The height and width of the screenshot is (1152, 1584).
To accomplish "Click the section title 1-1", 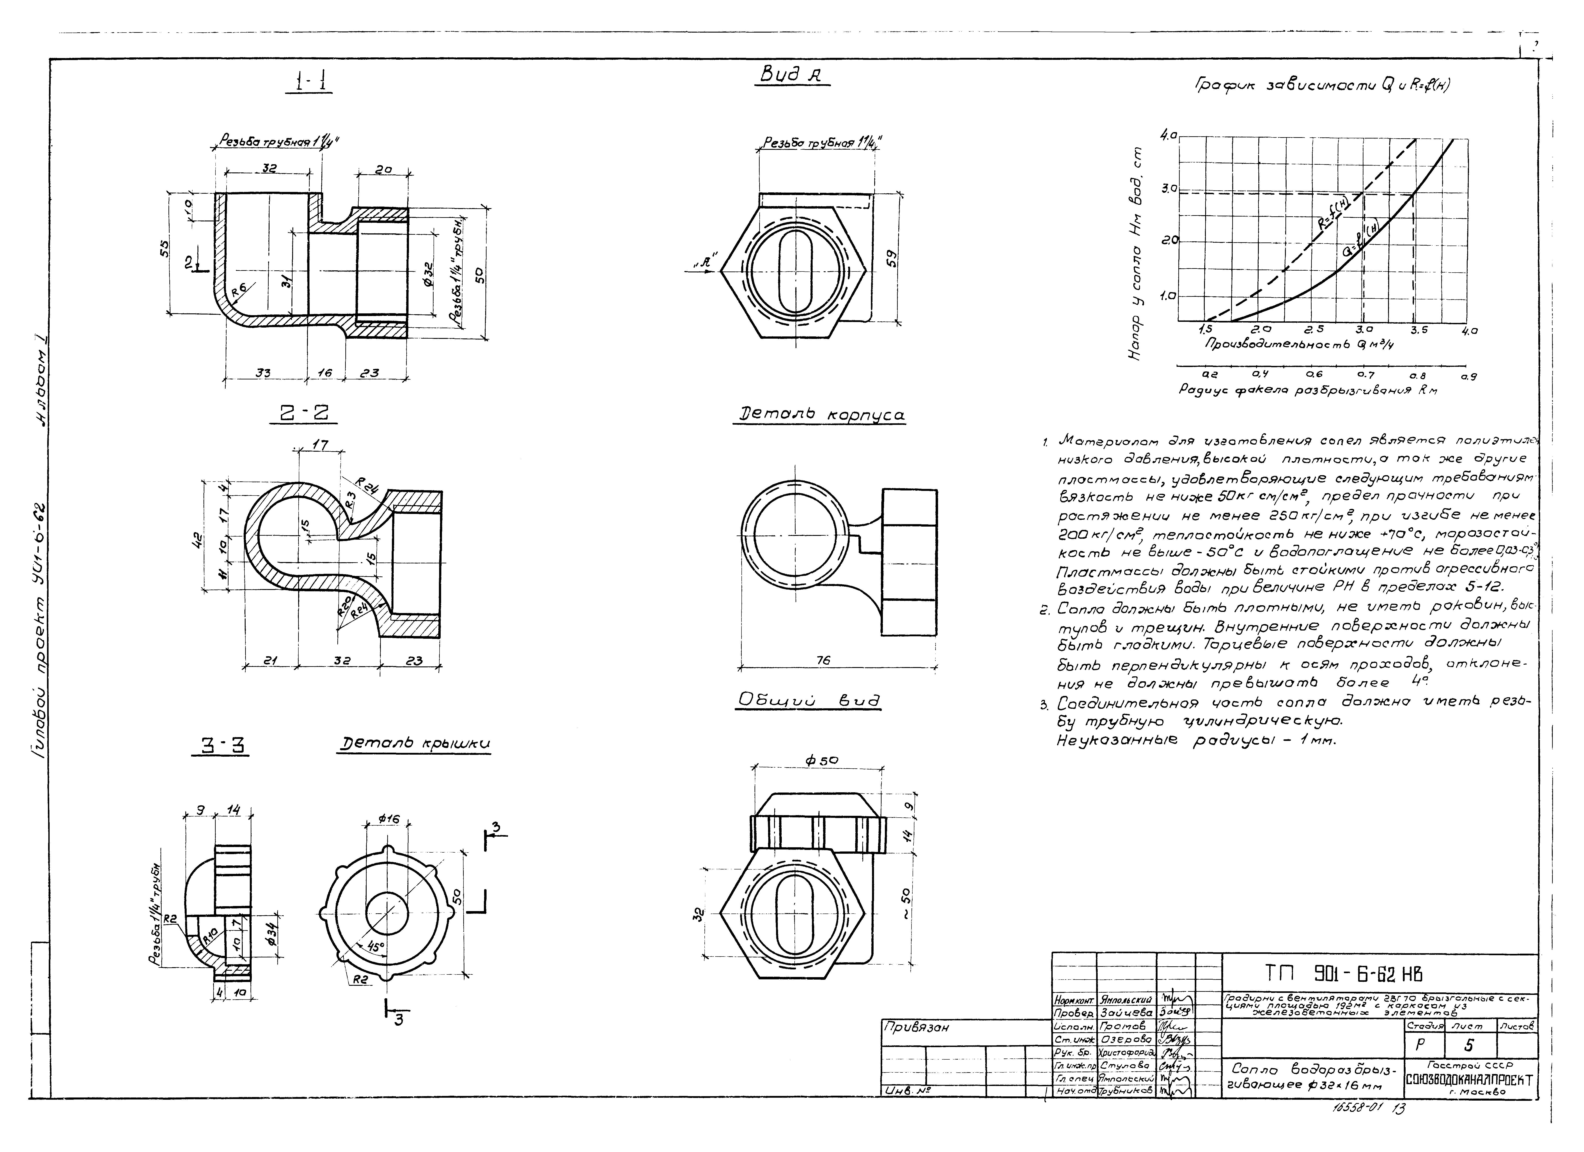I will tap(309, 82).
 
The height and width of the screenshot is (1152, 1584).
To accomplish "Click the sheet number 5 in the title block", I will tap(1469, 1045).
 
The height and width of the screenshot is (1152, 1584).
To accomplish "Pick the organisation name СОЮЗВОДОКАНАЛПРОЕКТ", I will tap(1469, 1080).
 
